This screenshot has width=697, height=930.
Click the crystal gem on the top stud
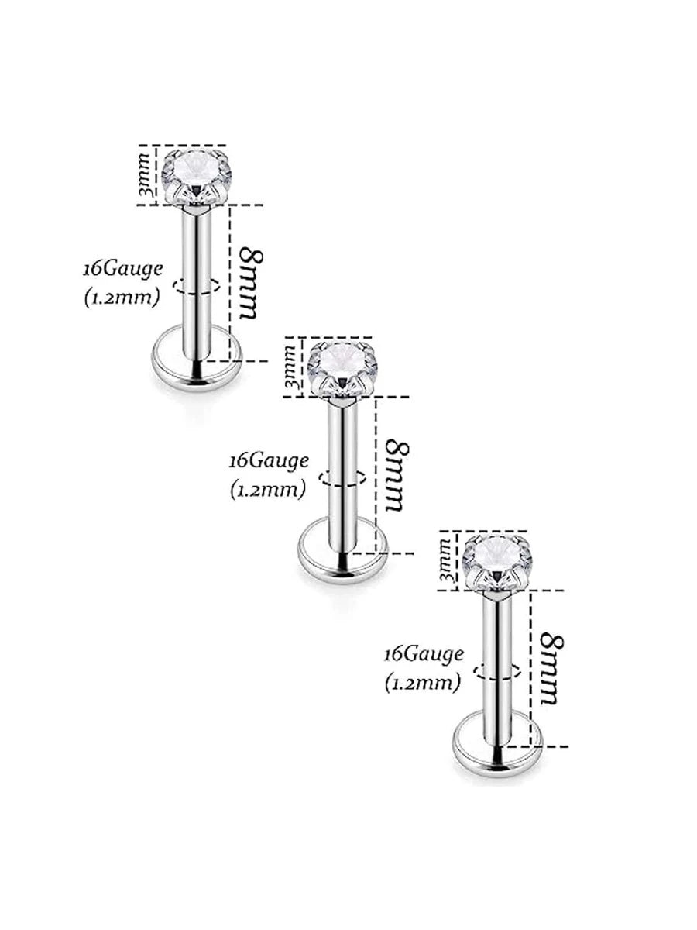pos(197,174)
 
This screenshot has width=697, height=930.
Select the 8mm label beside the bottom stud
pos(549,668)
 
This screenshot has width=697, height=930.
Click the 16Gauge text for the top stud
pos(124,269)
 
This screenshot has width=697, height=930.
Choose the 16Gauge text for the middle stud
pos(270,460)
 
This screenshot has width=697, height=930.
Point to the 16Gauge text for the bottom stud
pos(424,654)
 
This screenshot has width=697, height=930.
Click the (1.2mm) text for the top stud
pos(122,298)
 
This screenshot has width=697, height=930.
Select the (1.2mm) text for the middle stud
pos(268,489)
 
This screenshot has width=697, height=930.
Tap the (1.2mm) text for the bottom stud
pos(422,683)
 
